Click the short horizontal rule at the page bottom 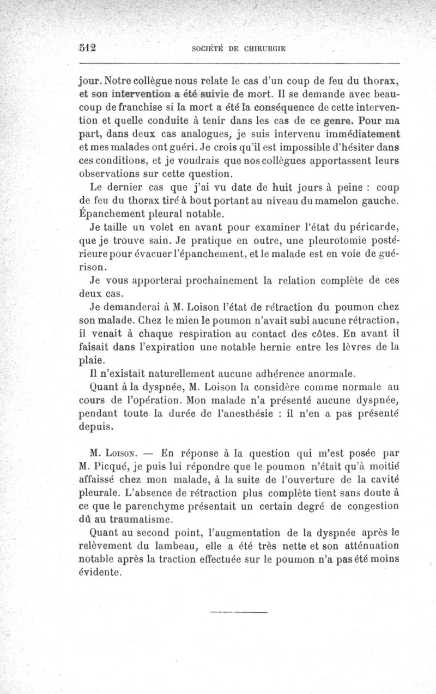(x=239, y=612)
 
